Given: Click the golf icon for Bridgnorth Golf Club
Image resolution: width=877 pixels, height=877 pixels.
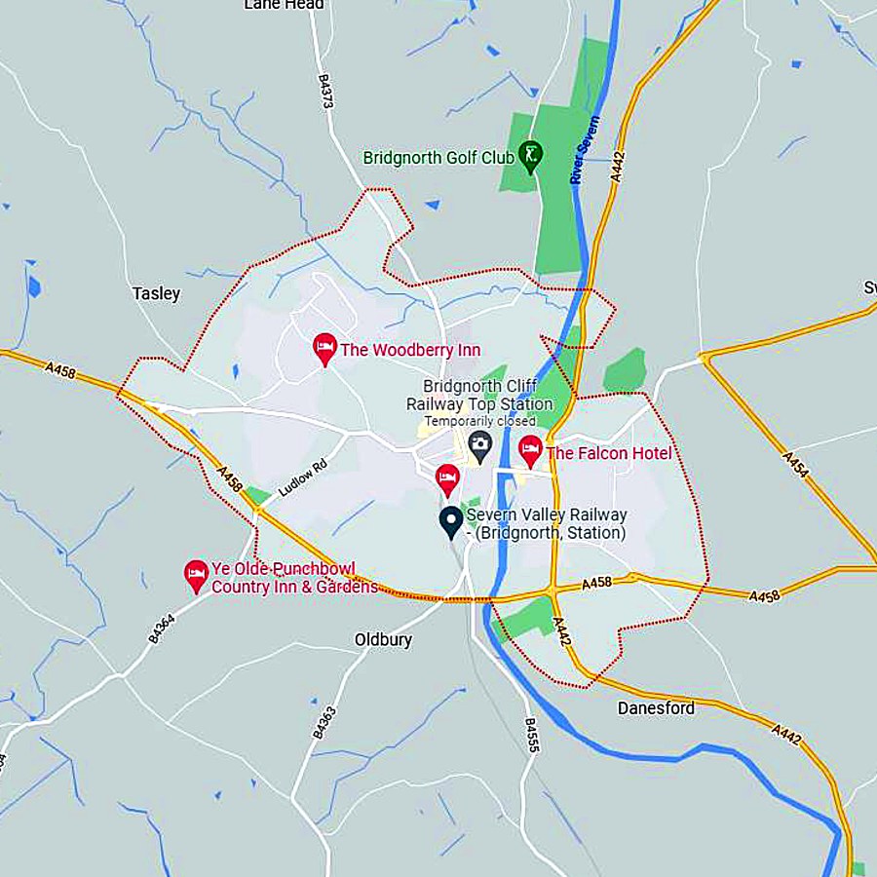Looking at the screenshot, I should click(530, 155).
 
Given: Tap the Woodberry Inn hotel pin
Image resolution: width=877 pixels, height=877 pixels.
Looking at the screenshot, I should click(325, 348).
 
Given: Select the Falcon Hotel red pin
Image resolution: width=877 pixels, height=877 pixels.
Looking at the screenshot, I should click(530, 450).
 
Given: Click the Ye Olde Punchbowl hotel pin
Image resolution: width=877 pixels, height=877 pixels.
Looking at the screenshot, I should click(197, 575).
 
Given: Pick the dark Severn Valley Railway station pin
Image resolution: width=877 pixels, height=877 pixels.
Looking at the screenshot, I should click(450, 520).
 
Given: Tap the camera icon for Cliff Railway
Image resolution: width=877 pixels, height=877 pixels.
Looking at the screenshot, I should click(479, 446).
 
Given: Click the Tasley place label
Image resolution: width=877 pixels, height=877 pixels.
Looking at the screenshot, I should click(156, 293).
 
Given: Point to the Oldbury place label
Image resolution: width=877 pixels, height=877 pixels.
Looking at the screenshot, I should click(383, 640).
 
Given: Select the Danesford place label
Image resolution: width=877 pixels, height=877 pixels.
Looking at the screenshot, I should click(656, 708).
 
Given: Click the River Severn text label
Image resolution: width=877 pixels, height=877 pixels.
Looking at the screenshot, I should click(585, 151).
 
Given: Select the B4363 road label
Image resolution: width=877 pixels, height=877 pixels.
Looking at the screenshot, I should click(323, 720).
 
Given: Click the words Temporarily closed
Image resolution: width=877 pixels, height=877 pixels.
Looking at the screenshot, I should click(480, 421).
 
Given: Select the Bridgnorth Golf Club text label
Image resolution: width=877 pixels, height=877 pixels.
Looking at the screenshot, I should click(438, 157).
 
